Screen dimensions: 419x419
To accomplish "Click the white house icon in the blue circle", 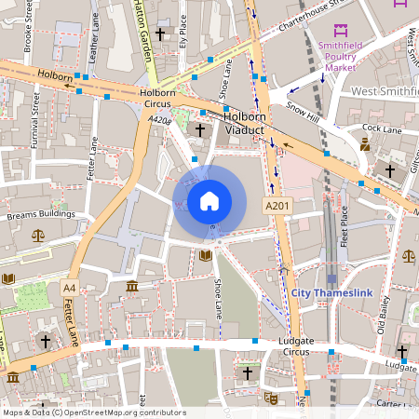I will [209, 201].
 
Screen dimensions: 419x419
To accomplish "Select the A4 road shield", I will [70, 288].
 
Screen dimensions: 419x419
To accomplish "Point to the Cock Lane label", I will [381, 128].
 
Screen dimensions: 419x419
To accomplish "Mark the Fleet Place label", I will [344, 228].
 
